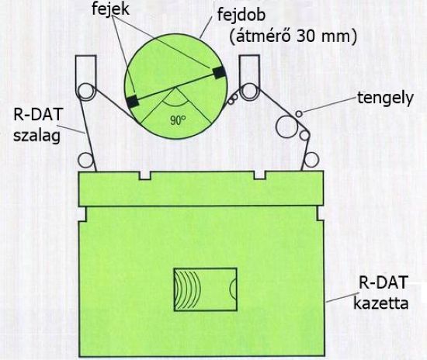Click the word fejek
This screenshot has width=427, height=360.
pyautogui.click(x=110, y=9)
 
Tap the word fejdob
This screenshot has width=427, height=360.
pyautogui.click(x=241, y=16)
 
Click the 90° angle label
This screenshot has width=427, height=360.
pyautogui.click(x=178, y=120)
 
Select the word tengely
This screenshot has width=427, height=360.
pyautogui.click(x=385, y=99)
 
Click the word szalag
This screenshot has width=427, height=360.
pyautogui.click(x=36, y=135)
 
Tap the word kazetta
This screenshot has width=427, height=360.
pyautogui.click(x=380, y=303)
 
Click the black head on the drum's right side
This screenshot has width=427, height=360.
pyautogui.click(x=219, y=72)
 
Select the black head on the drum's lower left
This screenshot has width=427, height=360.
pyautogui.click(x=133, y=101)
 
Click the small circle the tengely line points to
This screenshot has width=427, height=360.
pyautogui.click(x=299, y=114)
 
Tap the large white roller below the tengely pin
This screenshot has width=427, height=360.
pyautogui.click(x=286, y=126)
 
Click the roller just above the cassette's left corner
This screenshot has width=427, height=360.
pyautogui.click(x=85, y=160)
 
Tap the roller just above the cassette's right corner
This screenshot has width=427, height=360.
pyautogui.click(x=311, y=160)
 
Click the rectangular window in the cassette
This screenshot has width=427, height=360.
pyautogui.click(x=205, y=289)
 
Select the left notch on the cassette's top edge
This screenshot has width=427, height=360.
pyautogui.click(x=145, y=175)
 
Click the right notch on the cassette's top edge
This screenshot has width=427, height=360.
pyautogui.click(x=260, y=175)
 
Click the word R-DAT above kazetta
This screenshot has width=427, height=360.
pyautogui.click(x=384, y=282)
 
